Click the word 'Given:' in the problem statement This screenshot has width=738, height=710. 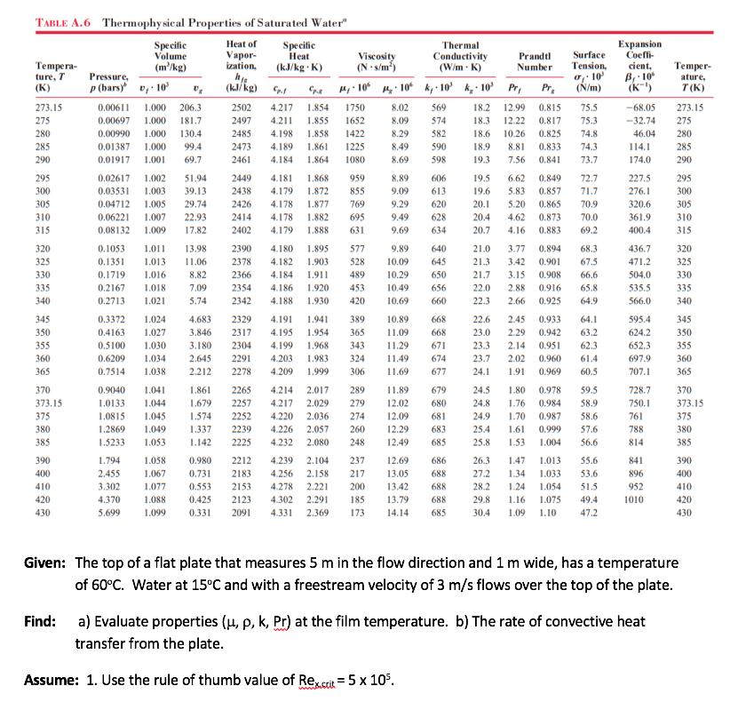[43, 563]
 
